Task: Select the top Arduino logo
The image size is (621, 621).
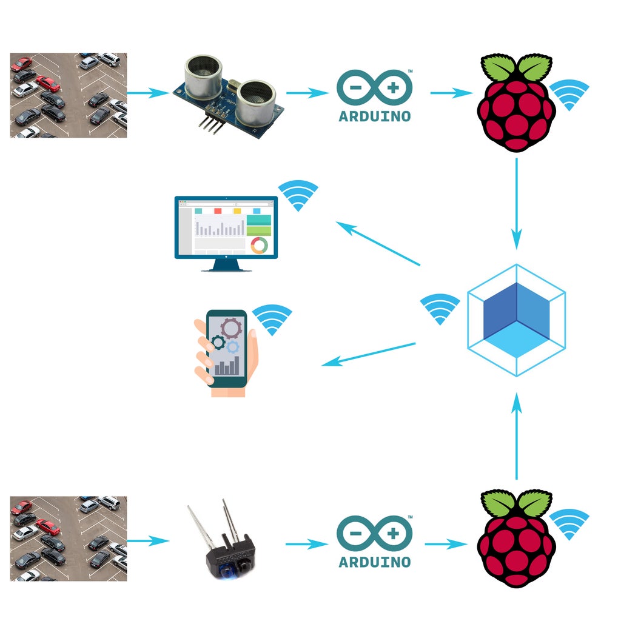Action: [x=374, y=95]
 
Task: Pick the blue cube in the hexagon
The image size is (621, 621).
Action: [x=516, y=320]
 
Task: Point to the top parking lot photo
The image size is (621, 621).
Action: [x=69, y=95]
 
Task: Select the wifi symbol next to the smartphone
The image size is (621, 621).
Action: [x=272, y=319]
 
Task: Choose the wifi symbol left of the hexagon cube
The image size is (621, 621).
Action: [x=440, y=308]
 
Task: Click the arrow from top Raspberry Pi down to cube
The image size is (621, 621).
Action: [x=516, y=203]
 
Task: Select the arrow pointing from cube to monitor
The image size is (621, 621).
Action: [x=378, y=244]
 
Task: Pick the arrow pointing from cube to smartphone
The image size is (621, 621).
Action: [x=368, y=354]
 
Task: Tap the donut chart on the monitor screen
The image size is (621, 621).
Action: [x=259, y=245]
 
